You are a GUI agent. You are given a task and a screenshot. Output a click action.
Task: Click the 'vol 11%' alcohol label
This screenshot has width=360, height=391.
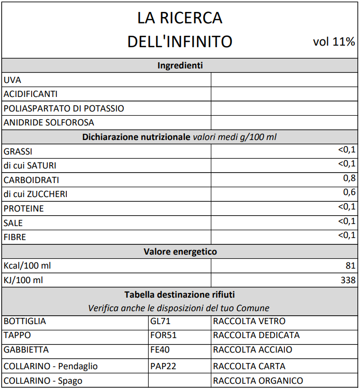click(334, 42)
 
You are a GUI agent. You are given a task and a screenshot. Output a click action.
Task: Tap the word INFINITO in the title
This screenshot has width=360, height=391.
click(199, 41)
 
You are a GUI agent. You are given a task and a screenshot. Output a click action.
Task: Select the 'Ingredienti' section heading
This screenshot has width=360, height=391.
click(180, 65)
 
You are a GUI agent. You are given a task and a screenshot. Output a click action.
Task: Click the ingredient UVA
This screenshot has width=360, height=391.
click(12, 80)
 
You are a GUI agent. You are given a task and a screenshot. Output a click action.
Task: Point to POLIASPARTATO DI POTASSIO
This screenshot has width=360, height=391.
click(64, 108)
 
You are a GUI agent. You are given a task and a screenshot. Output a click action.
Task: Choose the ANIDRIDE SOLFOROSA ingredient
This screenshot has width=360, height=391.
click(49, 123)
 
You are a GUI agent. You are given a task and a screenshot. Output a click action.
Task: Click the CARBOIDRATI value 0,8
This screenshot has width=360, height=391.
click(350, 179)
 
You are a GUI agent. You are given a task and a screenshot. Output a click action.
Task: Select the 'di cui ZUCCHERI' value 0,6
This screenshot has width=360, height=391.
click(350, 193)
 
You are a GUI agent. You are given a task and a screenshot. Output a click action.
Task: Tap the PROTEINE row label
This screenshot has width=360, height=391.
click(23, 208)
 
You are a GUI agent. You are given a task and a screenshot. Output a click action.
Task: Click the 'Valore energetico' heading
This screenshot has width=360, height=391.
click(180, 252)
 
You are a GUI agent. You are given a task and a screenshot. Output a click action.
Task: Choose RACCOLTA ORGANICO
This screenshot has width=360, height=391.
click(257, 381)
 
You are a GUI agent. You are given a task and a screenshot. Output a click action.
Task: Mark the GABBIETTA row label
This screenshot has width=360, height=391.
click(26, 350)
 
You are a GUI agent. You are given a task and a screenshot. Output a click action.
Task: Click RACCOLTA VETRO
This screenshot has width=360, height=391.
click(249, 321)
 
